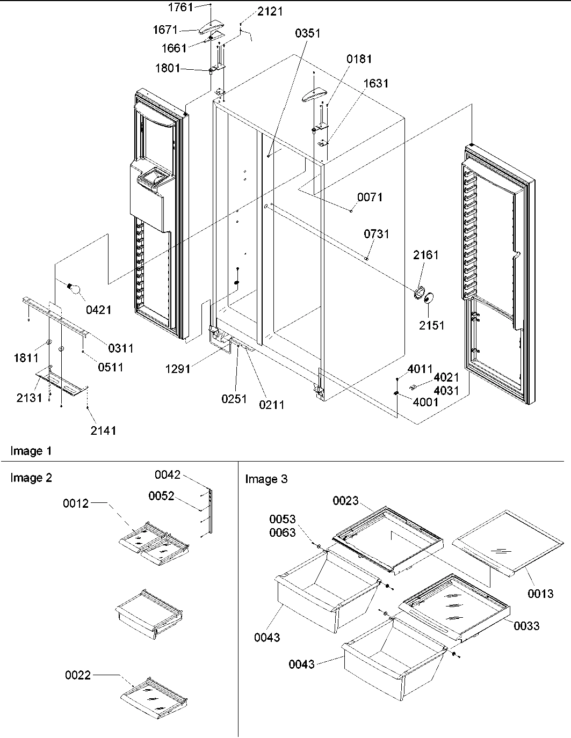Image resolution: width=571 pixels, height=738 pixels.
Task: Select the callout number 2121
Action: point(270,12)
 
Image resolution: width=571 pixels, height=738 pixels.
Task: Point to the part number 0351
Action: point(307,33)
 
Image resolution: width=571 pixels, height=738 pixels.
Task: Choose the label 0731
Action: point(377,234)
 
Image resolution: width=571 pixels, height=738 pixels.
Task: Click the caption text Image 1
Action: point(31,451)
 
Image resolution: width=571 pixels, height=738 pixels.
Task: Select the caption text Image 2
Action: point(31,478)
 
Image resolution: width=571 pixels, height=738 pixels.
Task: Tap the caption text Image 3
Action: point(266,479)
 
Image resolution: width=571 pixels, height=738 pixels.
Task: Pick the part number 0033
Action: point(526,626)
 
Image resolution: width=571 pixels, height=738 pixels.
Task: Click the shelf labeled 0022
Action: point(155,699)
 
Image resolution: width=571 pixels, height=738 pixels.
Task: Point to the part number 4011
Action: point(420,369)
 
